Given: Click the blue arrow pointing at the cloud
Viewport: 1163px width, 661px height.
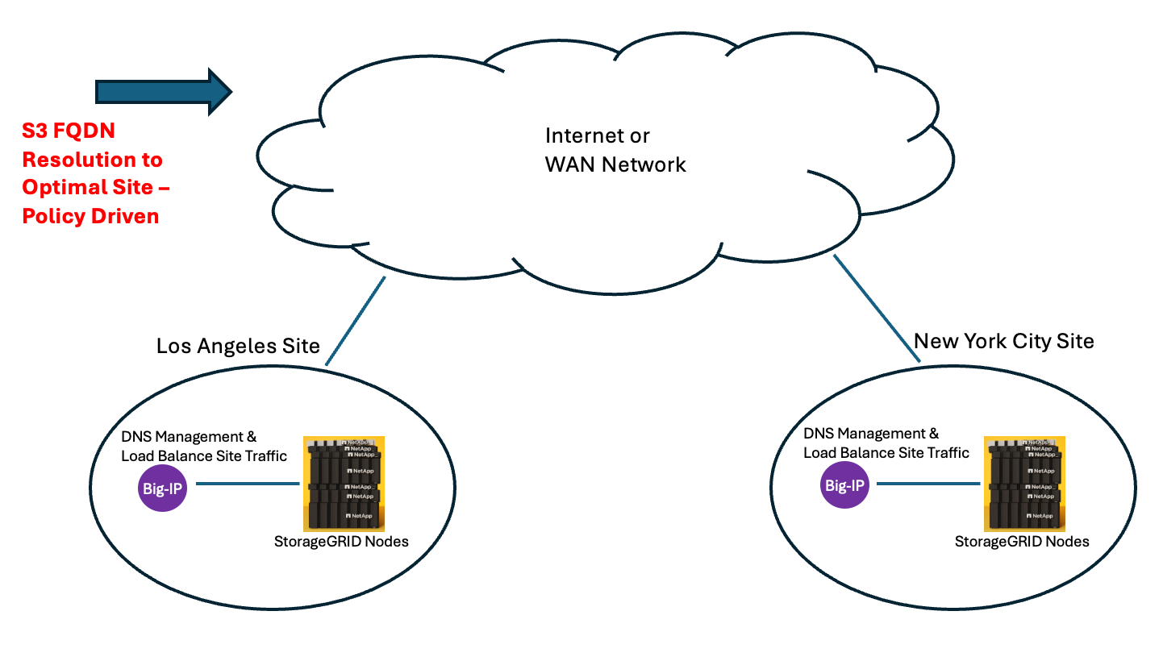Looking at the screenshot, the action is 164,92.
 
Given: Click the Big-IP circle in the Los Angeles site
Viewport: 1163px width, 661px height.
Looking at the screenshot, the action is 162,488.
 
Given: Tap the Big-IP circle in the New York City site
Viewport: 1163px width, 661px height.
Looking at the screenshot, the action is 844,484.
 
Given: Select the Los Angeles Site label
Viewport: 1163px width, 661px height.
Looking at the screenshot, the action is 238,346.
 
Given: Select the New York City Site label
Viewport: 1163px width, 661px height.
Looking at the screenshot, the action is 1003,342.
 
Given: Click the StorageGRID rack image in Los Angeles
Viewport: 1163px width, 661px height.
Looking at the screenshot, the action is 344,484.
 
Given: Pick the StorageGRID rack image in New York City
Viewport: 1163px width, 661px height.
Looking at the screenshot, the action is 1024,484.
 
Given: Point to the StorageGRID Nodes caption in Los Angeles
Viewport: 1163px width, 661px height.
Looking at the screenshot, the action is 341,542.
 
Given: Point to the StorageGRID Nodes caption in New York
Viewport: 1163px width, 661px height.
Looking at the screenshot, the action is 1022,542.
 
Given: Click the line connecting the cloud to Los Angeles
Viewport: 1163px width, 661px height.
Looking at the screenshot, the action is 356,321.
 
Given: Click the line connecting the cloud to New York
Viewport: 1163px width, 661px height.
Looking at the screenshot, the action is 877,308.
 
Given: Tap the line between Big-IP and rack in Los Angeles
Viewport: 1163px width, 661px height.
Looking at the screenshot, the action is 248,484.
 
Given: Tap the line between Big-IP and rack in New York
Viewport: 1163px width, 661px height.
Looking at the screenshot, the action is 928,484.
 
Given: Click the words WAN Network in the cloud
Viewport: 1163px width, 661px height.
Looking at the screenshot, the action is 615,165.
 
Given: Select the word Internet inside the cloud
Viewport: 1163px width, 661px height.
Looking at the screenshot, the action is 582,136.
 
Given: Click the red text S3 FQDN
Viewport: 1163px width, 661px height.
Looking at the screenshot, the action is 68,131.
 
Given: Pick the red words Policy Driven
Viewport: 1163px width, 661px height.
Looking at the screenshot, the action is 90,216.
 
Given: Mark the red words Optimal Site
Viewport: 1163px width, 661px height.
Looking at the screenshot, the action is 88,187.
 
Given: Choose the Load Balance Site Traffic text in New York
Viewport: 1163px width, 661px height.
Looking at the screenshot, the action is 886,453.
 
